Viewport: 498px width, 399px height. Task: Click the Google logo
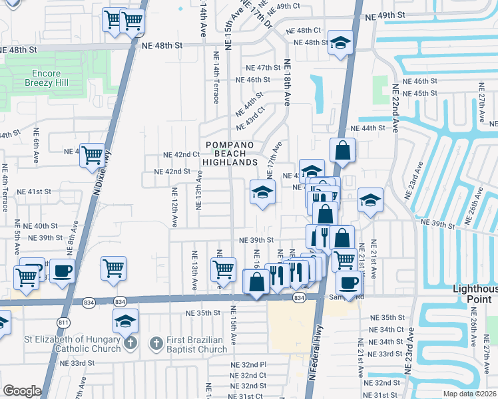click(x=22, y=391)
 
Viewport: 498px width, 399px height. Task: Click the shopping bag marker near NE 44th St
click(x=342, y=150)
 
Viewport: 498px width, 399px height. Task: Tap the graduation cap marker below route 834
click(x=125, y=320)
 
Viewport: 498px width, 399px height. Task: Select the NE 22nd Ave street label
click(x=394, y=106)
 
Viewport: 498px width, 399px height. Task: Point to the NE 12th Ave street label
click(x=174, y=208)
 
